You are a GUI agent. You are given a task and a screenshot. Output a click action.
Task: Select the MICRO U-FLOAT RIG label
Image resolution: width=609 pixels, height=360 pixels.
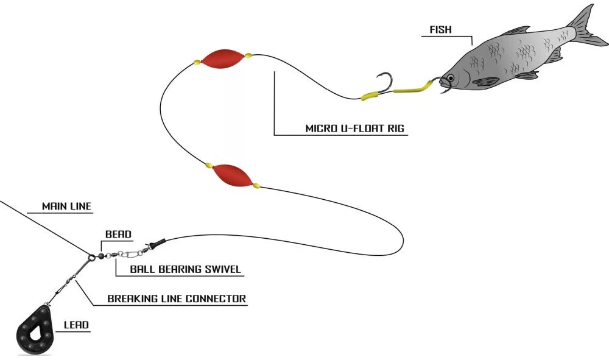(355, 129)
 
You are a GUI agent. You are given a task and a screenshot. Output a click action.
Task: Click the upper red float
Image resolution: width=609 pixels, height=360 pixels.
(222, 58)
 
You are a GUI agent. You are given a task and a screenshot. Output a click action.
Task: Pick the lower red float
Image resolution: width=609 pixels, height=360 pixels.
(233, 175)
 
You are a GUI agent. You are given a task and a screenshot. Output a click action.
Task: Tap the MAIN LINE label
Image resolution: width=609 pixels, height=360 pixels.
(66, 206)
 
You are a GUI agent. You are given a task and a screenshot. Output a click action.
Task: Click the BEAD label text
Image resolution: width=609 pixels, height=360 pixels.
(118, 234)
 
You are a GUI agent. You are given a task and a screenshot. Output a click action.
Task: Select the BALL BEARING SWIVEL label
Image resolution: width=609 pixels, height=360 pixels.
(186, 269)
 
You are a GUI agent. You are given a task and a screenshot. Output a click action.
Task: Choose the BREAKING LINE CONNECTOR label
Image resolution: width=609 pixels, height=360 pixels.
(177, 298)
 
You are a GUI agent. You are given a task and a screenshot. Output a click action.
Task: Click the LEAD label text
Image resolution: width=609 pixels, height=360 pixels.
(77, 325)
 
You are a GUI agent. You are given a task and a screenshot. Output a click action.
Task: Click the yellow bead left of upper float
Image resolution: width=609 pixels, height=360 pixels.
(197, 62)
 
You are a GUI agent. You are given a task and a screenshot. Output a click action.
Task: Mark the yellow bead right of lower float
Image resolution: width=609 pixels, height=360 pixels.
(256, 185)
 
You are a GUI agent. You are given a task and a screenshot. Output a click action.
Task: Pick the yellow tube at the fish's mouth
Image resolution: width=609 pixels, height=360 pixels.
(414, 89)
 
